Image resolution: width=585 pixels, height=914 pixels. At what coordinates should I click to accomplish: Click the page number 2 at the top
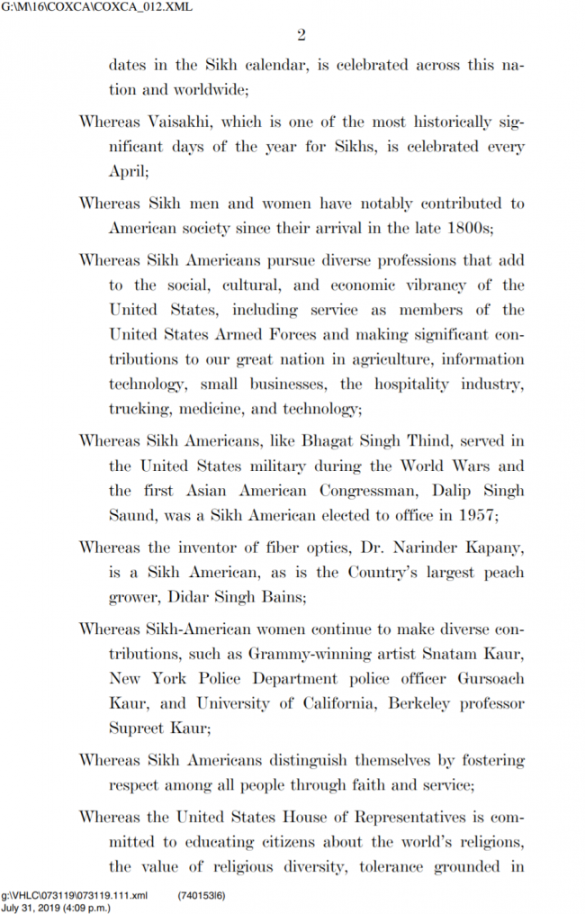(301, 36)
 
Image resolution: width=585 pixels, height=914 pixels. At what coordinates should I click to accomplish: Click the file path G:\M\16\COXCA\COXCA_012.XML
(72, 8)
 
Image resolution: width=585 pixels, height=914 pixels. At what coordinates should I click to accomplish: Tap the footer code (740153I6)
(202, 895)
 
